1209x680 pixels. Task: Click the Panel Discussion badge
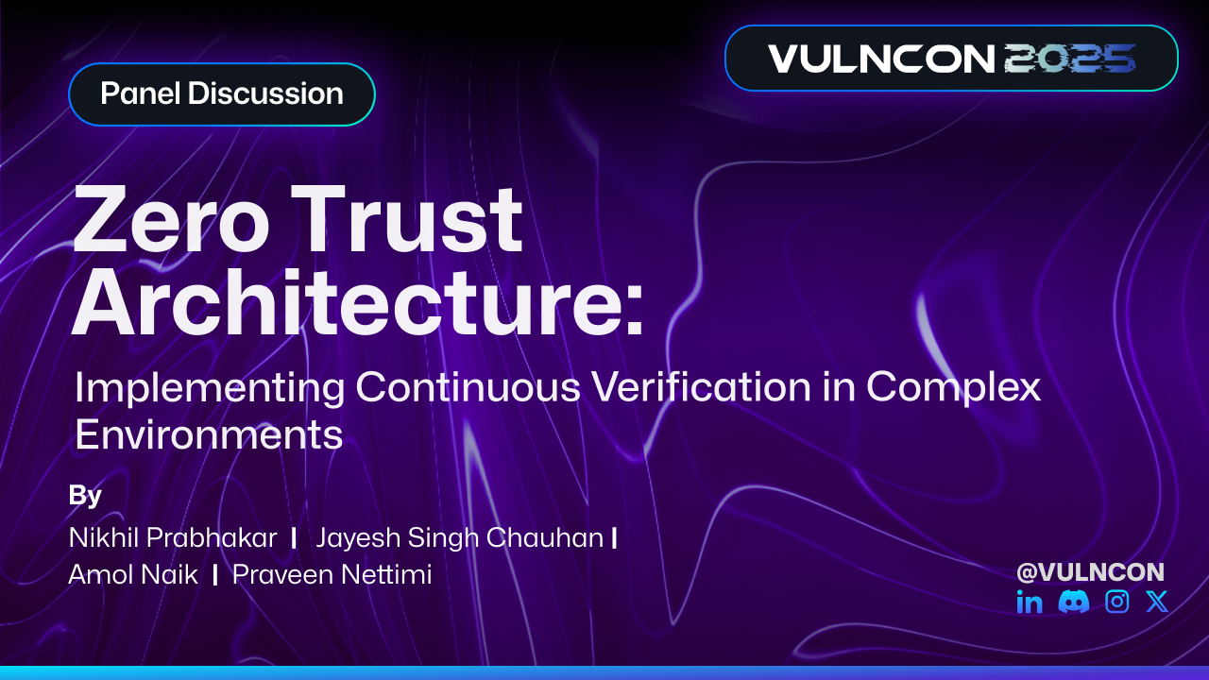pyautogui.click(x=222, y=94)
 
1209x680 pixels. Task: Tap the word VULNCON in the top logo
pyautogui.click(x=881, y=59)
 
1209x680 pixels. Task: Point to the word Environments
pyautogui.click(x=209, y=434)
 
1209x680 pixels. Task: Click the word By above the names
pyautogui.click(x=85, y=496)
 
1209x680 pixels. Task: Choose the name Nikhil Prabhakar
pyautogui.click(x=173, y=538)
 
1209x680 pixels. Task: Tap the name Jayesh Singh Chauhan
pyautogui.click(x=459, y=538)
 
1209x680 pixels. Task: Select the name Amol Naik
pyautogui.click(x=133, y=574)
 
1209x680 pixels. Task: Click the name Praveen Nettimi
pyautogui.click(x=332, y=574)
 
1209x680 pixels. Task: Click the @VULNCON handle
pyautogui.click(x=1090, y=571)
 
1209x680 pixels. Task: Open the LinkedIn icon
pyautogui.click(x=1030, y=602)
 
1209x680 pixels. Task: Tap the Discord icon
pyautogui.click(x=1074, y=602)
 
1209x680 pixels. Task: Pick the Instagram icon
pyautogui.click(x=1117, y=602)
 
